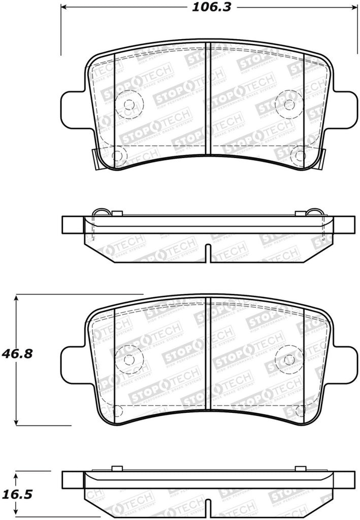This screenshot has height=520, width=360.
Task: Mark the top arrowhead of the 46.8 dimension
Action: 17,299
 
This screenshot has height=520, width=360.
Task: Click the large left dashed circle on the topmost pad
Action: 129,105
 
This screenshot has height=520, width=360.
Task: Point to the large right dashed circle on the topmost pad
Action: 289,105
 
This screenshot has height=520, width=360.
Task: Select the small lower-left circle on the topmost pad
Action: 116,155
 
